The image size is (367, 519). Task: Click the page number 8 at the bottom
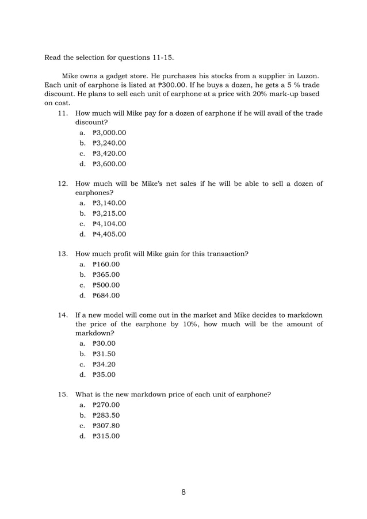[x=183, y=492]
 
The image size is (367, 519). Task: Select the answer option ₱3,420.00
[x=109, y=153]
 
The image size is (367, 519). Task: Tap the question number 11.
[x=63, y=113]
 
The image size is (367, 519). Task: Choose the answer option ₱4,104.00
[x=109, y=224]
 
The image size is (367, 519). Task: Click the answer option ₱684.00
[x=106, y=296]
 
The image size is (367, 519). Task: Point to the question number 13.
[x=63, y=254]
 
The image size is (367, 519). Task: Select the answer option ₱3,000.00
[x=109, y=132]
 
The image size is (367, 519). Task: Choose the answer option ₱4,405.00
[x=109, y=234]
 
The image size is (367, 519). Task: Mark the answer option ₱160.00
[x=106, y=264]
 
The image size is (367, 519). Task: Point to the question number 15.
[x=63, y=395]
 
